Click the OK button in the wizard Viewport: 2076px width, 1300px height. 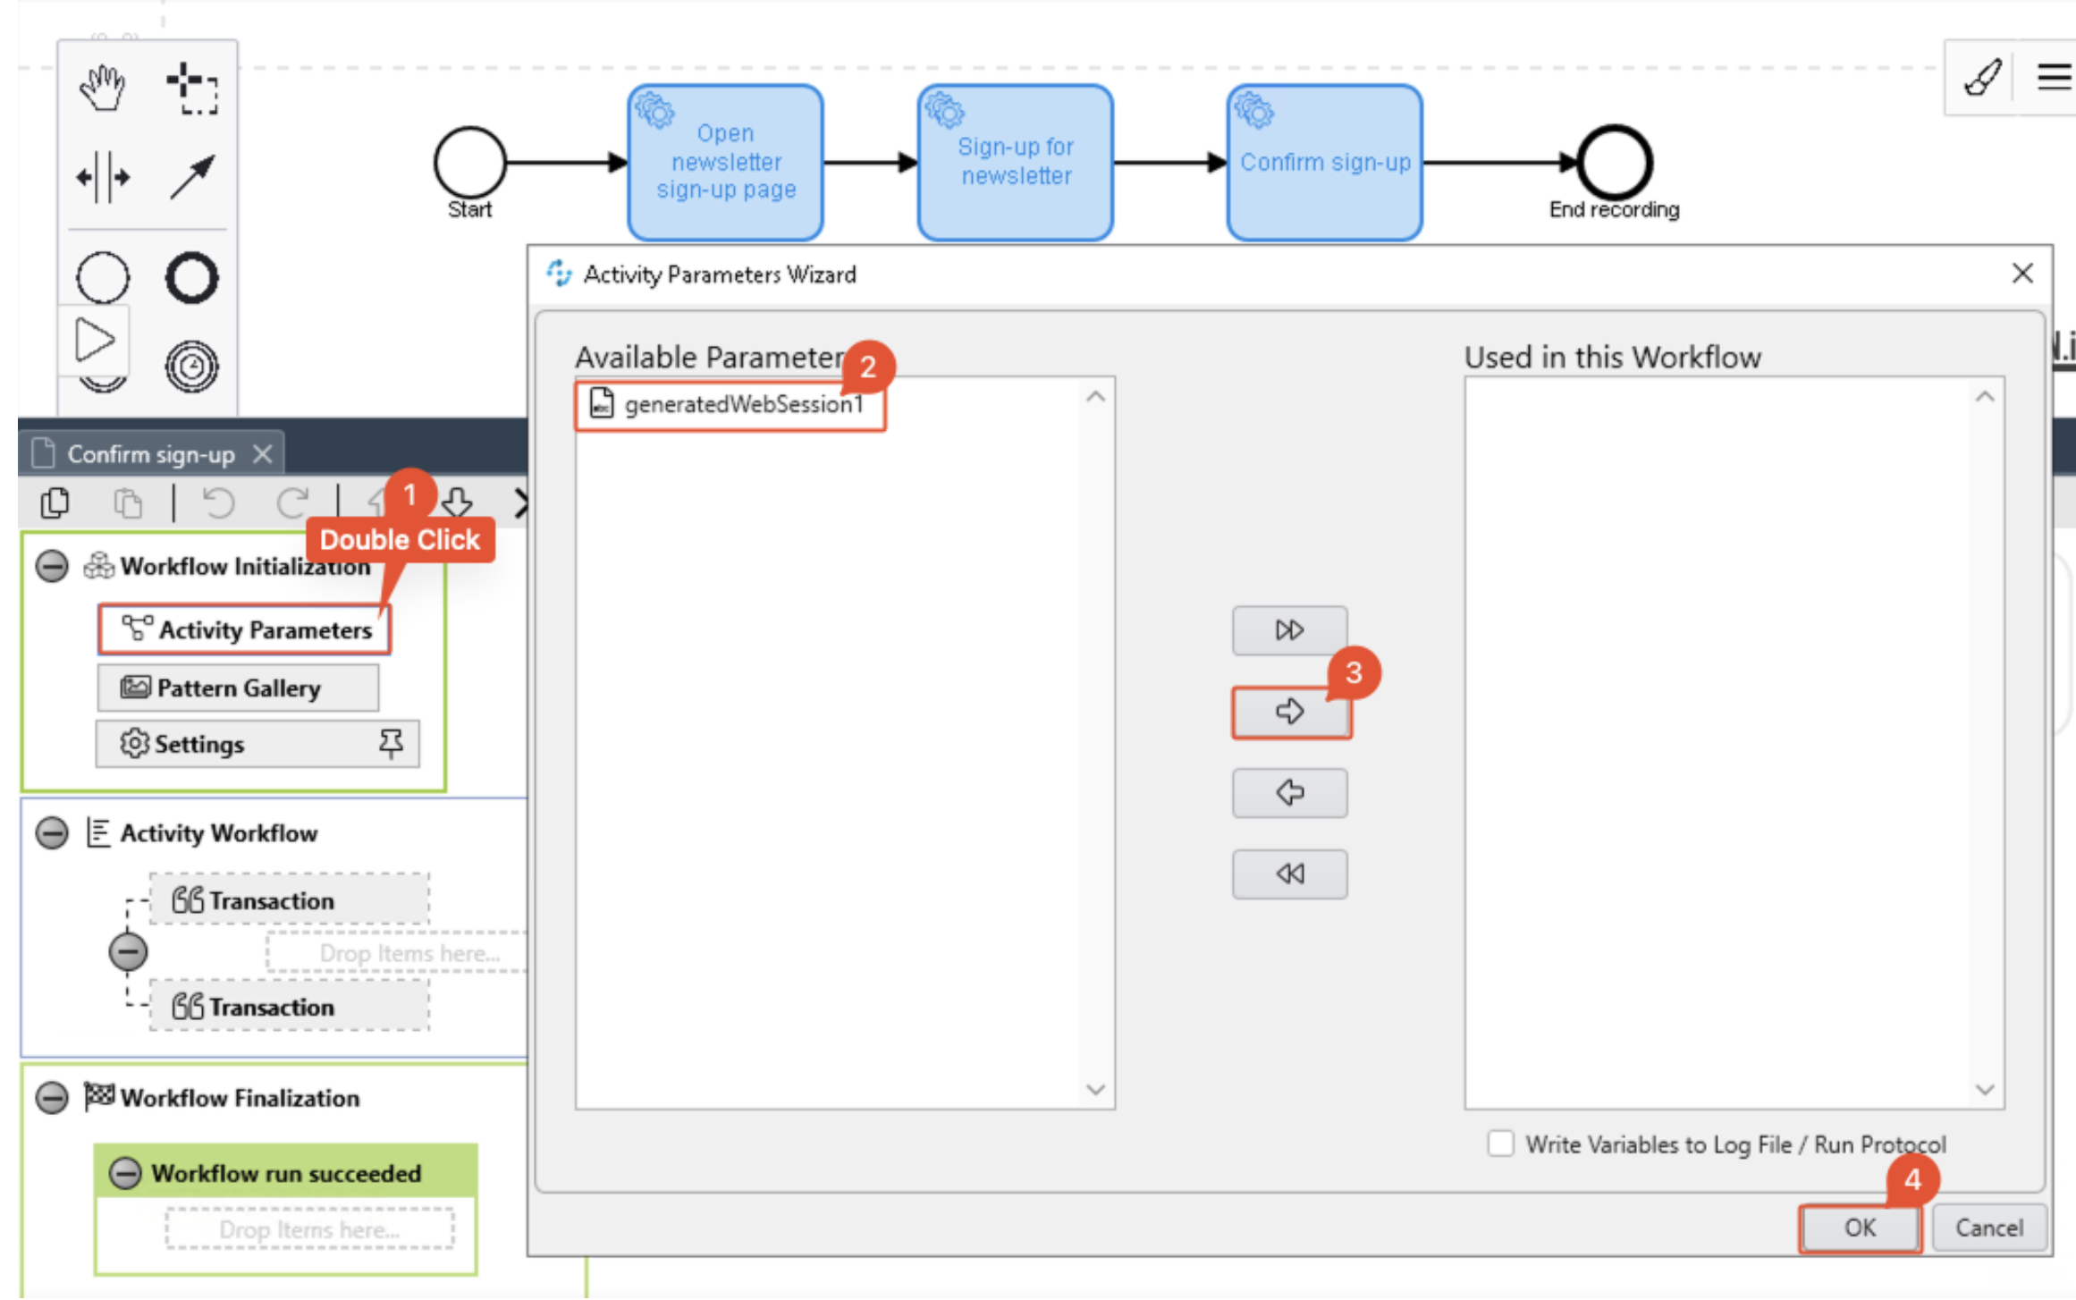(x=1859, y=1228)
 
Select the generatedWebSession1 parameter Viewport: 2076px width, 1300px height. (x=742, y=405)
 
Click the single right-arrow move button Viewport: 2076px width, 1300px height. (x=1290, y=712)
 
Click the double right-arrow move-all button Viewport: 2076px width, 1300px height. (x=1289, y=630)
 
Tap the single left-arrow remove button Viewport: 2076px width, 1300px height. (x=1289, y=792)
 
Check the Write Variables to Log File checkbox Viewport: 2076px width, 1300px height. (x=1500, y=1144)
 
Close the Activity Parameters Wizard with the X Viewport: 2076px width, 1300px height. (x=2022, y=274)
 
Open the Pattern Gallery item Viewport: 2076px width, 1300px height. (x=238, y=688)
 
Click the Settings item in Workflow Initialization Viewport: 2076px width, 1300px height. (x=199, y=744)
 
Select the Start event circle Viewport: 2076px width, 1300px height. (x=469, y=163)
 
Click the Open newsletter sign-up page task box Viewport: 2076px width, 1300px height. (x=725, y=163)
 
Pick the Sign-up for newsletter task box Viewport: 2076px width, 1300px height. (x=1015, y=163)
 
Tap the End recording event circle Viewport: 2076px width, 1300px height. (x=1614, y=163)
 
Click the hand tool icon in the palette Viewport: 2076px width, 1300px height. (x=103, y=88)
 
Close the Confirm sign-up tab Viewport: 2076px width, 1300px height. (x=262, y=454)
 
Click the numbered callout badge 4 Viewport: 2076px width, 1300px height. (x=1912, y=1179)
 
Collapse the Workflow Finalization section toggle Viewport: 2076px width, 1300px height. (x=52, y=1097)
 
